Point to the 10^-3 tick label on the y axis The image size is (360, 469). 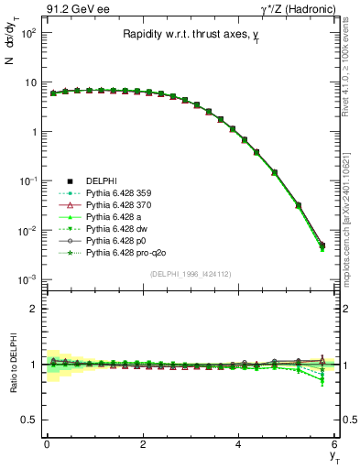[x=27, y=279]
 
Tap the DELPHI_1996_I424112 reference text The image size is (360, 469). [x=190, y=274]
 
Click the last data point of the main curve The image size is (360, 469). [x=322, y=245]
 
